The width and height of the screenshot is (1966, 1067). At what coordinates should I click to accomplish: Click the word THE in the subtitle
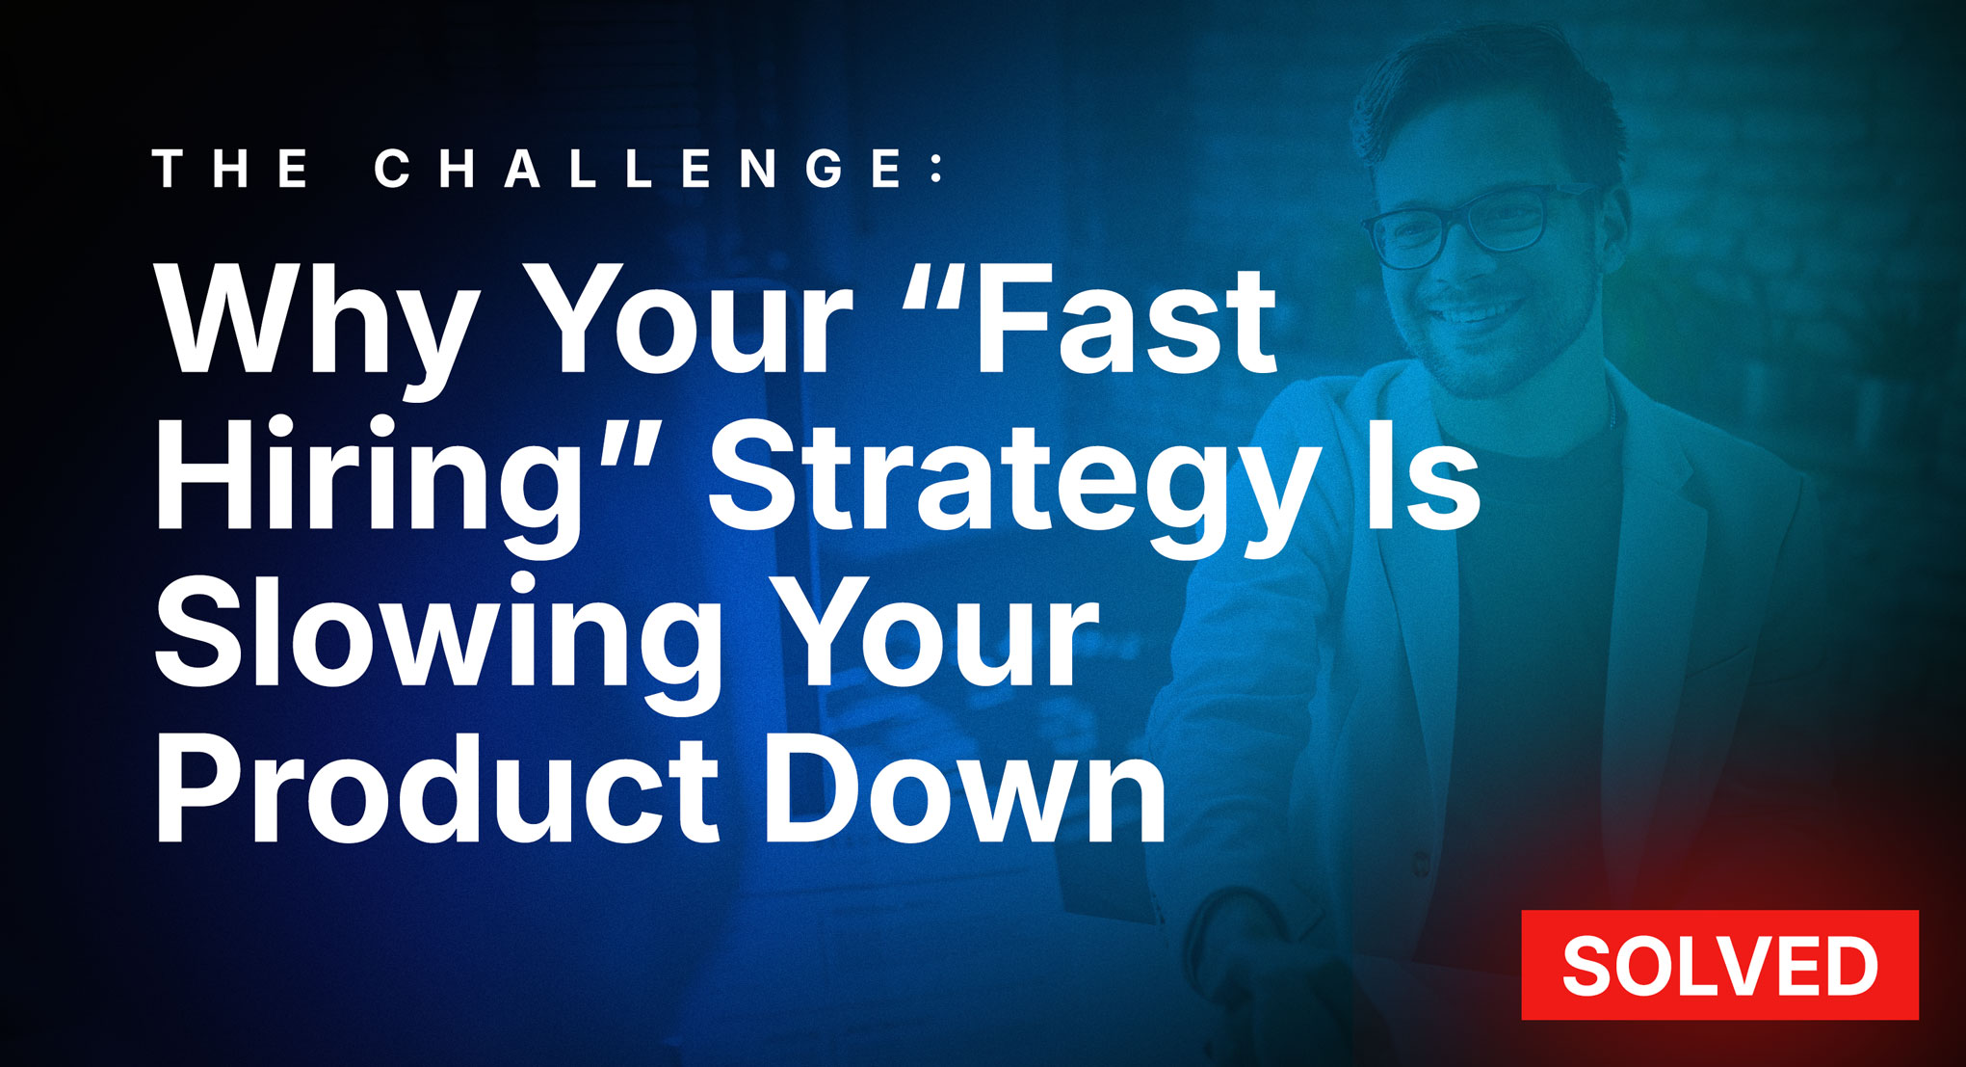pyautogui.click(x=232, y=169)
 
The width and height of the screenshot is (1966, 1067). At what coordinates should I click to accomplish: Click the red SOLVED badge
pyautogui.click(x=1719, y=964)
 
